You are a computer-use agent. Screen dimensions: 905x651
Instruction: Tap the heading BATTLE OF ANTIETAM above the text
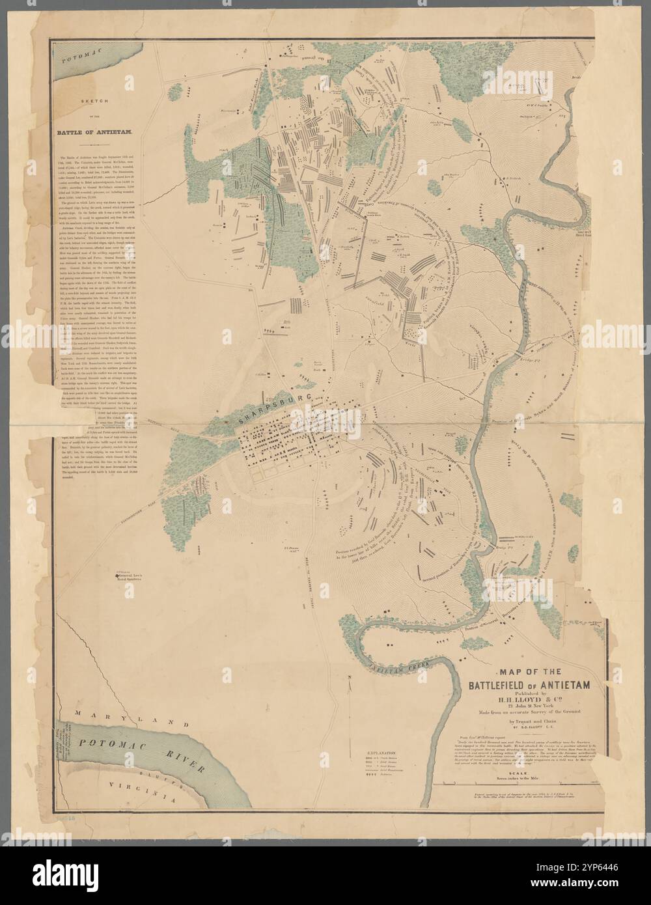click(x=96, y=132)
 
